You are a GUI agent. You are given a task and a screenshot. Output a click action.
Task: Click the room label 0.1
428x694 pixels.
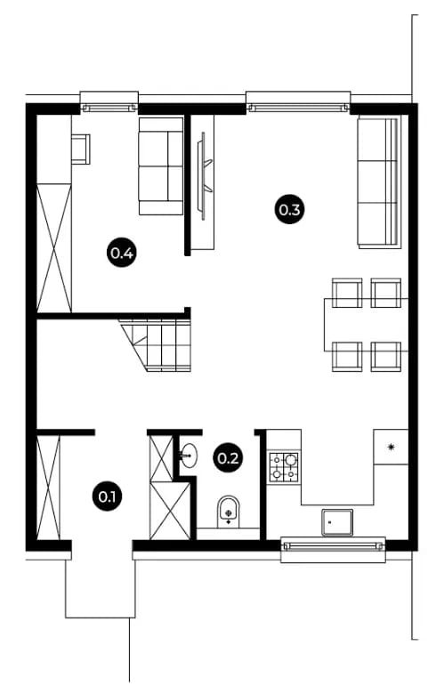[x=107, y=496]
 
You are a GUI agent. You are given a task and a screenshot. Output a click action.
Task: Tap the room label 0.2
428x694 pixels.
[x=229, y=457]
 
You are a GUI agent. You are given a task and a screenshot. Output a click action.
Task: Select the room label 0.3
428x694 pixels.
[x=289, y=209]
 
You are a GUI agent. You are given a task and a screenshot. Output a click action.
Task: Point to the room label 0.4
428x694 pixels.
[x=122, y=254]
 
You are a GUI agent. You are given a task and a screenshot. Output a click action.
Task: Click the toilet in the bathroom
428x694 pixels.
[x=229, y=512]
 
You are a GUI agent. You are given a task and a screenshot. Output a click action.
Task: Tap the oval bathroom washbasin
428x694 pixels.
[x=189, y=456]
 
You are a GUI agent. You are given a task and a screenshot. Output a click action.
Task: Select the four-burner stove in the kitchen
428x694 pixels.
[x=284, y=467]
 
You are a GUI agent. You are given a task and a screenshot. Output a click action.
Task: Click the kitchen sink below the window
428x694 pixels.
[x=337, y=522]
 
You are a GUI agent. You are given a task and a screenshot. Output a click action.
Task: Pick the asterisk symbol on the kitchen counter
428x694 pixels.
[x=391, y=447]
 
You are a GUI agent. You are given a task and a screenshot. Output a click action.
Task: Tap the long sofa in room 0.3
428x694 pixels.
[x=379, y=182]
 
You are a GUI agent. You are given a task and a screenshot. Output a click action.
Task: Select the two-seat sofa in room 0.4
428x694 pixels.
[x=161, y=166]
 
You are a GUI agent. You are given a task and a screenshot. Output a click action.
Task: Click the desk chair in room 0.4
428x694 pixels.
[x=81, y=149]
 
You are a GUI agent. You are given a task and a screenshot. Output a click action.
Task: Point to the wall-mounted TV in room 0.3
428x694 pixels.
[x=205, y=175]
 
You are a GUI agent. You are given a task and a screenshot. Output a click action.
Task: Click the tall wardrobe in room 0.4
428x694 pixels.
[x=54, y=248]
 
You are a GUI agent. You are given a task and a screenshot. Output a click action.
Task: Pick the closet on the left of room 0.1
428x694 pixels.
[x=48, y=488]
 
